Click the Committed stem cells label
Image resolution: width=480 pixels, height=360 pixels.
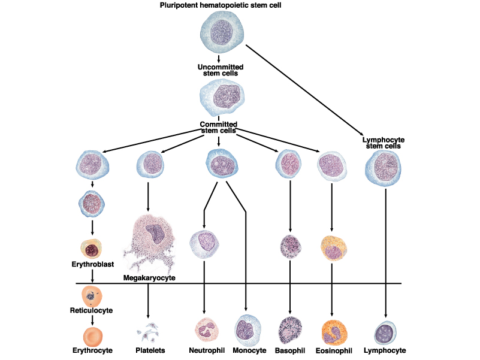[218, 127]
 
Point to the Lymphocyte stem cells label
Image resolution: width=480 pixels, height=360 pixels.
[384, 143]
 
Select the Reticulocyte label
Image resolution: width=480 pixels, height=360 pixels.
[91, 311]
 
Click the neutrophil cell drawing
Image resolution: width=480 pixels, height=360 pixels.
[205, 330]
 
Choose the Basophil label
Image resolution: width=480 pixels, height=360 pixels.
[290, 350]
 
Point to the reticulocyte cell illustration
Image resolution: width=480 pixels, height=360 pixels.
[92, 295]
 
